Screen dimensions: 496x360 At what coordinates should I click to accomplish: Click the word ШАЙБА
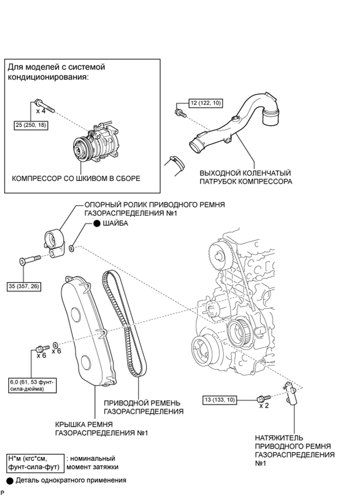click(115, 223)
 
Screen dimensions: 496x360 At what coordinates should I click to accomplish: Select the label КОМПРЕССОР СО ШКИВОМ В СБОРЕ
click(76, 178)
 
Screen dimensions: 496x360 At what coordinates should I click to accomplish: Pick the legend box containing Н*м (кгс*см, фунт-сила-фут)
click(33, 462)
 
